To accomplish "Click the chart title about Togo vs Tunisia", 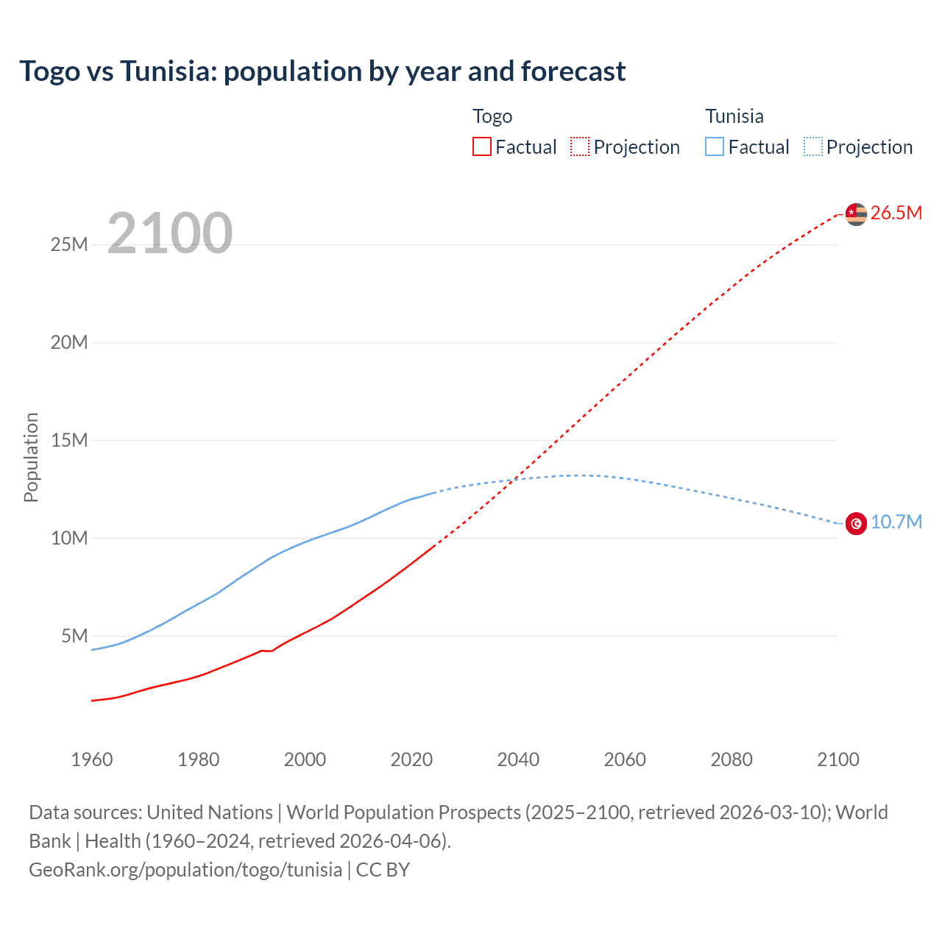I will tap(322, 71).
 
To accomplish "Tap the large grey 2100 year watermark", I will tap(170, 233).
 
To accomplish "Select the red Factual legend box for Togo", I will tap(481, 146).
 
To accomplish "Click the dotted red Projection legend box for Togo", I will tap(580, 146).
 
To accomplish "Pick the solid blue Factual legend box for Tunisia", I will tap(715, 146).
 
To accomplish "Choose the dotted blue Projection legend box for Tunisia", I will tap(812, 146).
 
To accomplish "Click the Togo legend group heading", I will tap(492, 116).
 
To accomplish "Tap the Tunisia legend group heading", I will tap(734, 116).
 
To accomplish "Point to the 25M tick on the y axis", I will tap(69, 244).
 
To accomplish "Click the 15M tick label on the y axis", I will tap(69, 440).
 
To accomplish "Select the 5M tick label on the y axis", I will tap(74, 636).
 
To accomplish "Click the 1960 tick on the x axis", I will tap(92, 759).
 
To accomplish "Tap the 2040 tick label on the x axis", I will tap(518, 759).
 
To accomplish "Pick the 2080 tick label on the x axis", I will tap(732, 759).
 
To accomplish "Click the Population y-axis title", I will tap(31, 457).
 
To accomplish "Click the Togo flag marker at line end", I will tap(856, 214).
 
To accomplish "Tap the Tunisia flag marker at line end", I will tap(856, 523).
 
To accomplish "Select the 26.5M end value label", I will tap(896, 213).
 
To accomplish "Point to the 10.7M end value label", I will tap(896, 523).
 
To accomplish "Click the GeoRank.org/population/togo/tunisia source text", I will tap(185, 870).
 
